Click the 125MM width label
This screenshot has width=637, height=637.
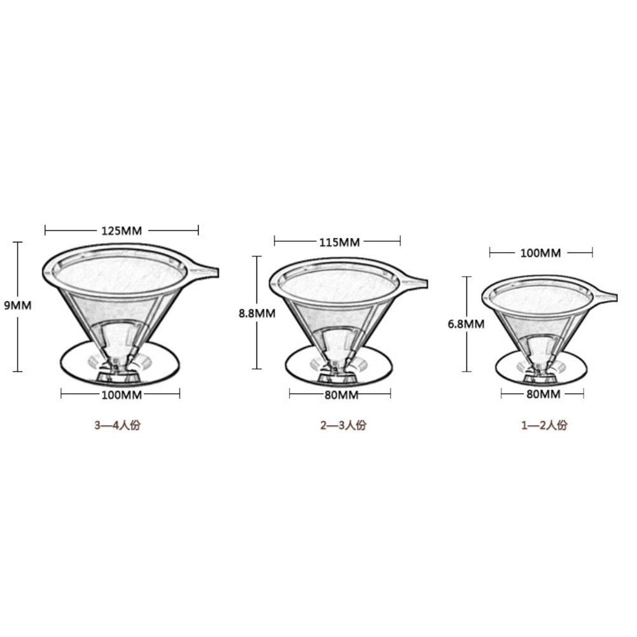pyautogui.click(x=121, y=230)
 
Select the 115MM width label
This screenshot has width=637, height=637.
pyautogui.click(x=338, y=241)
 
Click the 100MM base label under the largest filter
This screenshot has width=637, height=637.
pyautogui.click(x=121, y=395)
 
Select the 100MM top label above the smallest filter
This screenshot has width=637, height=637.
pyautogui.click(x=540, y=253)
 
